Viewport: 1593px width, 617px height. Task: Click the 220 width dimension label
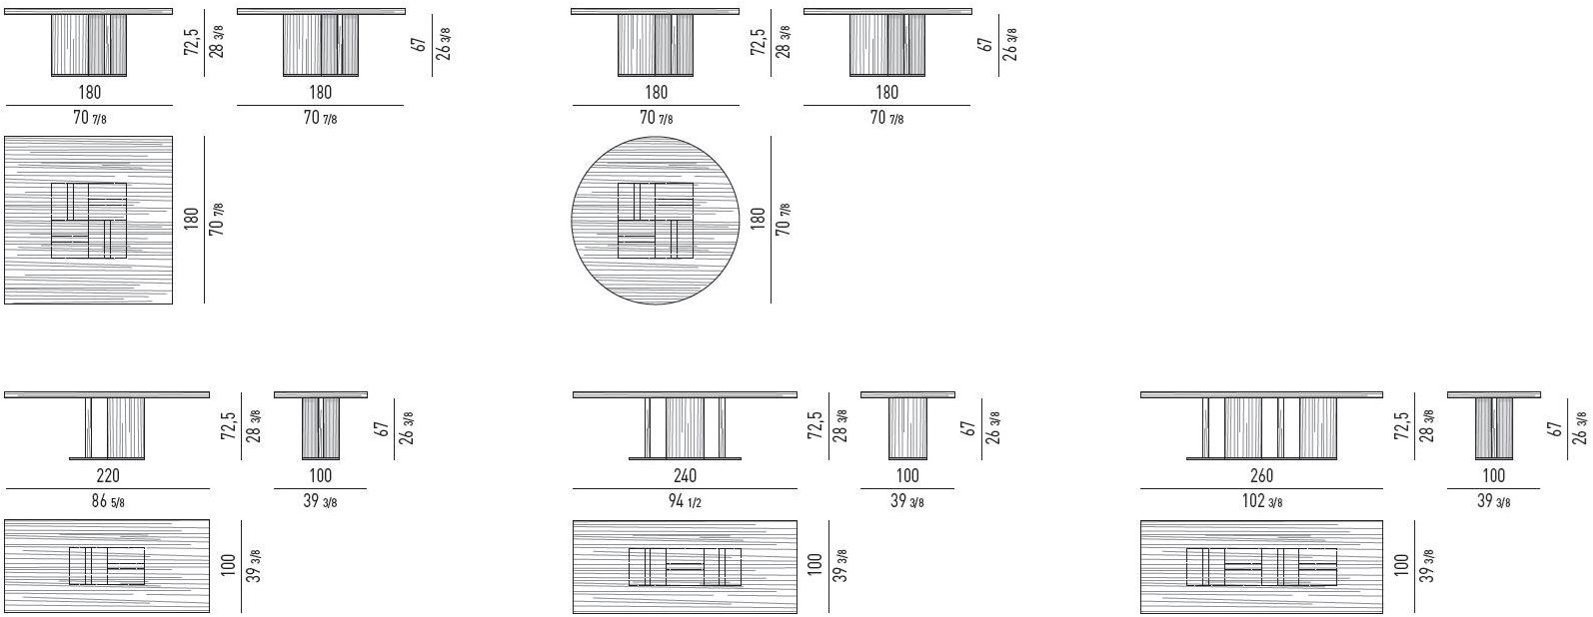pos(107,476)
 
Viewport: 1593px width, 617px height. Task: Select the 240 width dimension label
pos(685,476)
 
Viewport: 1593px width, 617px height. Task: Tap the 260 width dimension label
pos(1261,476)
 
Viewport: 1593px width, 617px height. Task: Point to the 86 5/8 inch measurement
pos(107,501)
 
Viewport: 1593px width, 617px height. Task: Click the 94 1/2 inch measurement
pos(685,501)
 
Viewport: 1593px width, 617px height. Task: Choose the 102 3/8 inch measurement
pos(1261,501)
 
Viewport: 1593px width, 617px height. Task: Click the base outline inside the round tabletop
pos(655,221)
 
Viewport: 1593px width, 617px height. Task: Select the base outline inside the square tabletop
pos(89,221)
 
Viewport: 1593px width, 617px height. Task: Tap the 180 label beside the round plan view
pos(757,220)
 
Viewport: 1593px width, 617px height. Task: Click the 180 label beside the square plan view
pos(191,220)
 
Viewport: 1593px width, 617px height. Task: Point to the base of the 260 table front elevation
pos(1261,428)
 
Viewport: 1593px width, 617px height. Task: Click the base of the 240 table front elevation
pos(685,428)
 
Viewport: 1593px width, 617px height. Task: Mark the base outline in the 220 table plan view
pos(107,566)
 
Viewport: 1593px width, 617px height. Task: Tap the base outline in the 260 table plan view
pos(1261,566)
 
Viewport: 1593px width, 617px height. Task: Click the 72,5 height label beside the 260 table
pos(1401,426)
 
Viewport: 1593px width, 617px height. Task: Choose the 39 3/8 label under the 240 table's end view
pos(906,501)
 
